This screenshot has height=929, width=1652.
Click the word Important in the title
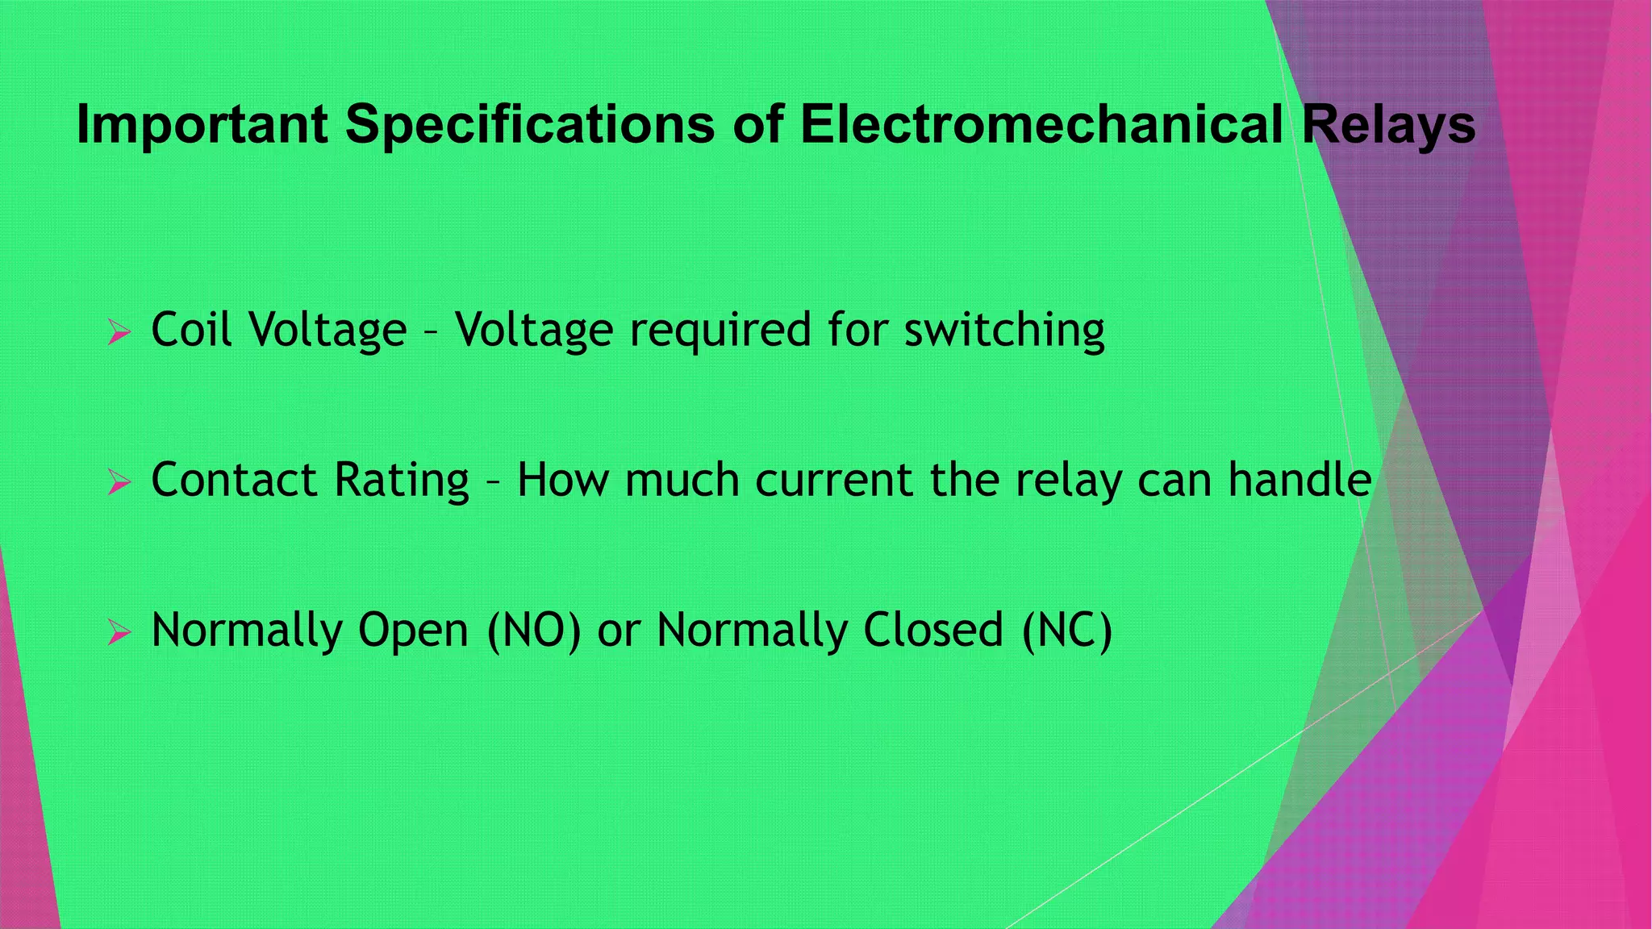[202, 125]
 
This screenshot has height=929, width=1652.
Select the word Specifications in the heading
[529, 125]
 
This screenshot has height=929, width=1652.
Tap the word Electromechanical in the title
[1041, 125]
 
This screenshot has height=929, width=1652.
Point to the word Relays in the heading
[1388, 125]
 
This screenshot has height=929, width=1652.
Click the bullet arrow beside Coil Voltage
[119, 331]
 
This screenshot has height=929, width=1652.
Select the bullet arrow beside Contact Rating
[119, 482]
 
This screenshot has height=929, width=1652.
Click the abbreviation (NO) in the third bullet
[534, 631]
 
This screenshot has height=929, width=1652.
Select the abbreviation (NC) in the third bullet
[1066, 631]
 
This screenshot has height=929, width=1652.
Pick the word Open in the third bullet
[413, 632]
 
